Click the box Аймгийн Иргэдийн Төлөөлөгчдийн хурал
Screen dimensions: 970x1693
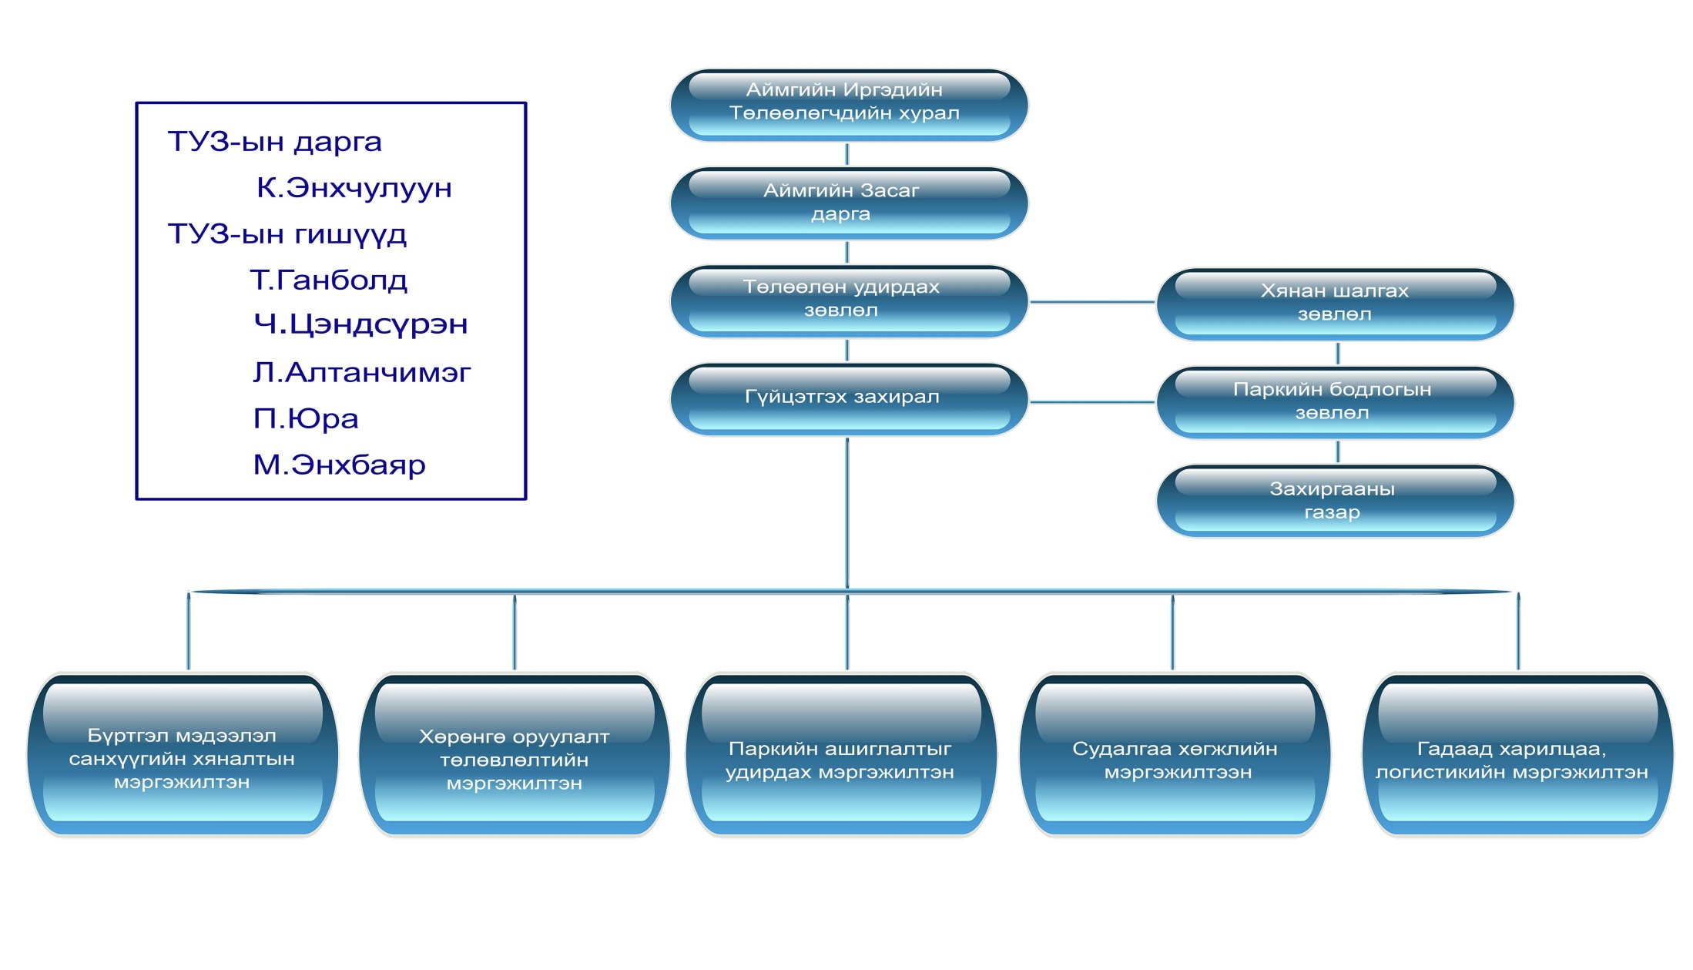(x=848, y=104)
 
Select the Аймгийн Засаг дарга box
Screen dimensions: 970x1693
(x=848, y=203)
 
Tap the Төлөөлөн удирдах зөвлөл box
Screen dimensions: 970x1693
(x=848, y=300)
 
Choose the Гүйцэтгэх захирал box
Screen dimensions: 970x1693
(x=848, y=398)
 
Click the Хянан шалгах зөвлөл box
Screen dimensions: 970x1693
(x=1335, y=304)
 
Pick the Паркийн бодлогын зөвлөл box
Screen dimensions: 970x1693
(x=1335, y=401)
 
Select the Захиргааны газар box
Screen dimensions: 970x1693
(x=1335, y=500)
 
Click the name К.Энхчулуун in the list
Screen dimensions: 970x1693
(x=354, y=188)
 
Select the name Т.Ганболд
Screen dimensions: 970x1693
(x=329, y=280)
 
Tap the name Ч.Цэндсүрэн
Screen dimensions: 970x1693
(x=360, y=324)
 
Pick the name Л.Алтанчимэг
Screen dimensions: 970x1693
(x=361, y=373)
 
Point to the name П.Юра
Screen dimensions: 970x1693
(x=306, y=419)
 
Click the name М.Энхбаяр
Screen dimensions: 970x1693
(x=339, y=465)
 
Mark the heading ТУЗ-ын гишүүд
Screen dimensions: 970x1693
(x=287, y=234)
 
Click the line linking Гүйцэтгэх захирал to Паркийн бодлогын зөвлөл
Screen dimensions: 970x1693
(x=1091, y=402)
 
